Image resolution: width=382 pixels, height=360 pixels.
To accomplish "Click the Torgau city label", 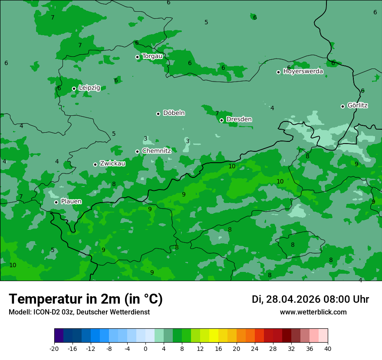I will click(x=152, y=56).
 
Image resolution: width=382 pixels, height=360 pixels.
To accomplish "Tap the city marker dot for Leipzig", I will click(x=74, y=88).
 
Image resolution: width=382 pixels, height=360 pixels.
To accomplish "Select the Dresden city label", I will click(x=239, y=119).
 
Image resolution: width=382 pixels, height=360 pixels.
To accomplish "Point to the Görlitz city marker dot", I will click(x=342, y=106).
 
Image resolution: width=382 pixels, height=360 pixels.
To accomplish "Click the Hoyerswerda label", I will click(x=303, y=72).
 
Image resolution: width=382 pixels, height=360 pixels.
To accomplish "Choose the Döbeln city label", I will click(x=174, y=113).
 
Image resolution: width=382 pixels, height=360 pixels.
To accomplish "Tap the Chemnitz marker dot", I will click(x=137, y=151).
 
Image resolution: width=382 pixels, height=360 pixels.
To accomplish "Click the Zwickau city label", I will click(x=112, y=164).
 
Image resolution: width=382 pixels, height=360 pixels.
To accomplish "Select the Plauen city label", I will click(x=71, y=202).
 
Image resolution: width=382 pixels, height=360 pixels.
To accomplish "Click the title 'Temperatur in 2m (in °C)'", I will click(x=86, y=299).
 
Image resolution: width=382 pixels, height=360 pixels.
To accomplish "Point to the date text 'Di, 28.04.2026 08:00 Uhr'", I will click(x=310, y=299).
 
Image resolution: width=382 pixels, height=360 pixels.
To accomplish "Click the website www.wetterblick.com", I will click(x=313, y=312).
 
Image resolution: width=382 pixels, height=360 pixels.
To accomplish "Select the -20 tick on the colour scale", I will click(x=54, y=349).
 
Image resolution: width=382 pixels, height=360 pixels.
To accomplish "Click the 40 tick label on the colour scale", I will click(x=328, y=349).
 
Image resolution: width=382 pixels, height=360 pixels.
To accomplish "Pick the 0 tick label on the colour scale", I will click(x=145, y=349).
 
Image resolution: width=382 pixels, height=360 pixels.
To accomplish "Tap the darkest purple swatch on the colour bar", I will click(x=59, y=336).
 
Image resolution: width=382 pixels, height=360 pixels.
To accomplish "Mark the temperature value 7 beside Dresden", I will click(x=217, y=113).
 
